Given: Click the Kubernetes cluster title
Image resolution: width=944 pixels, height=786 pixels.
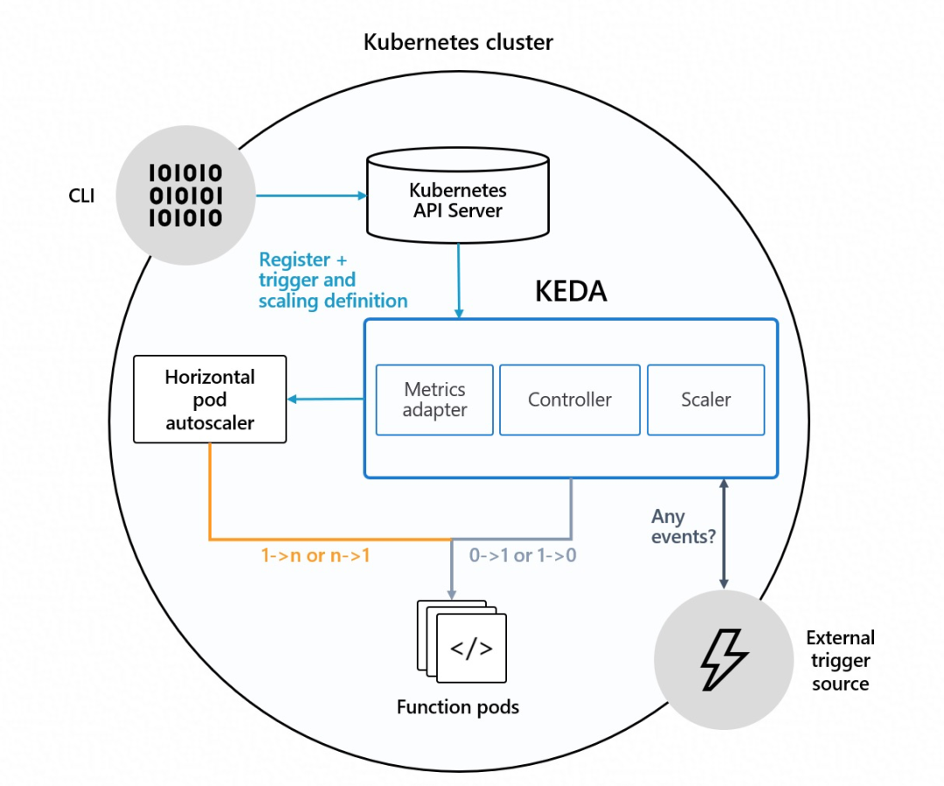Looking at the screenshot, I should [x=458, y=42].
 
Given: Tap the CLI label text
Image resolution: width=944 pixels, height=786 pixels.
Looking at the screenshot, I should [x=82, y=195].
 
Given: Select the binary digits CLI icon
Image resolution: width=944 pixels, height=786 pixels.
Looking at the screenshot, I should [x=185, y=195].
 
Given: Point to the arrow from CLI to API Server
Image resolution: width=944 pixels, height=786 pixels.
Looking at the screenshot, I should [x=310, y=196].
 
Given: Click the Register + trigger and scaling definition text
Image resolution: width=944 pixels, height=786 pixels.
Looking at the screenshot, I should [x=333, y=280].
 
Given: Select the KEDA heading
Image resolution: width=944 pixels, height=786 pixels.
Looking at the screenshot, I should [x=570, y=291].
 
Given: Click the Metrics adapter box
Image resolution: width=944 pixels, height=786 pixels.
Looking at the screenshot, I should [x=434, y=400].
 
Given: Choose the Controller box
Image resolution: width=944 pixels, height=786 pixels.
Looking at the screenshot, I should [x=570, y=400].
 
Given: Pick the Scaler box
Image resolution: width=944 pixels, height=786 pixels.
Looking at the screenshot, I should [x=705, y=400].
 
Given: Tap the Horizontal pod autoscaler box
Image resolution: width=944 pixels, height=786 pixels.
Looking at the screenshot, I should [x=210, y=399].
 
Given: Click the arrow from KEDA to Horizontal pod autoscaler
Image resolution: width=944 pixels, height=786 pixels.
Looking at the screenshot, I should [x=325, y=400].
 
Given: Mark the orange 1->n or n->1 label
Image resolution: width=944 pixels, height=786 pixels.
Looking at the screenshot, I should [x=316, y=555].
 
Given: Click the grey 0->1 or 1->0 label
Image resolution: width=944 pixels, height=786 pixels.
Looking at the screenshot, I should [x=523, y=555].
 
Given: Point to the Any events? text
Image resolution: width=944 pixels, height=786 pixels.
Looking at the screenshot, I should [x=683, y=526].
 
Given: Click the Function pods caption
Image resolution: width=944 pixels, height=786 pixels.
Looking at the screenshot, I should [x=457, y=706].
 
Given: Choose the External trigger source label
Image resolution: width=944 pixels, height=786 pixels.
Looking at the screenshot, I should [x=840, y=661].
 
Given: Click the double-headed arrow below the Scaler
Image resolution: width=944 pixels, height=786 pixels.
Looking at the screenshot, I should [x=723, y=533].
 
